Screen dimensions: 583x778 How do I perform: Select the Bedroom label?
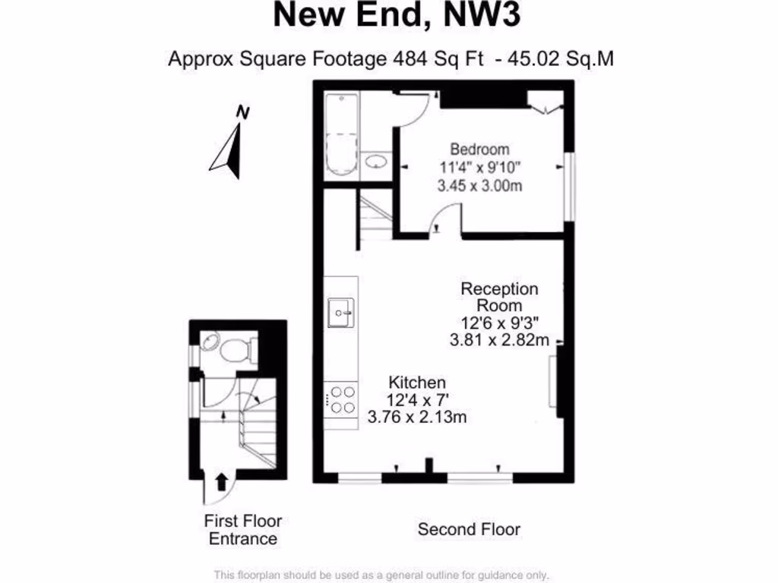coord(479,149)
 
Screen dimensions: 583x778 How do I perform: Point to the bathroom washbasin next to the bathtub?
coord(375,161)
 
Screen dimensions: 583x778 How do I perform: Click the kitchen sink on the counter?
coord(339,311)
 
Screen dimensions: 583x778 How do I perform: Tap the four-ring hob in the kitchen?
coord(340,400)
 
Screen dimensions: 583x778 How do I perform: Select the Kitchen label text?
coord(417,382)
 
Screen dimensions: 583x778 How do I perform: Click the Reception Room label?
coord(500,297)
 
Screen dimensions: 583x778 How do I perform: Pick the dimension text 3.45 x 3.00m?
coord(479,186)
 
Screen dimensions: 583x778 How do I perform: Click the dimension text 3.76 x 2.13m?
coord(416,416)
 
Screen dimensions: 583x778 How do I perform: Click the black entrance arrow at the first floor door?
coord(222,481)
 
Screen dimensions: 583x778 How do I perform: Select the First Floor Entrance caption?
coord(243,530)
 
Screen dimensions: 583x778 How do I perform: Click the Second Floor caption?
coord(469,529)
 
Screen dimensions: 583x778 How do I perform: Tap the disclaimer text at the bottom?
coord(381,575)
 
